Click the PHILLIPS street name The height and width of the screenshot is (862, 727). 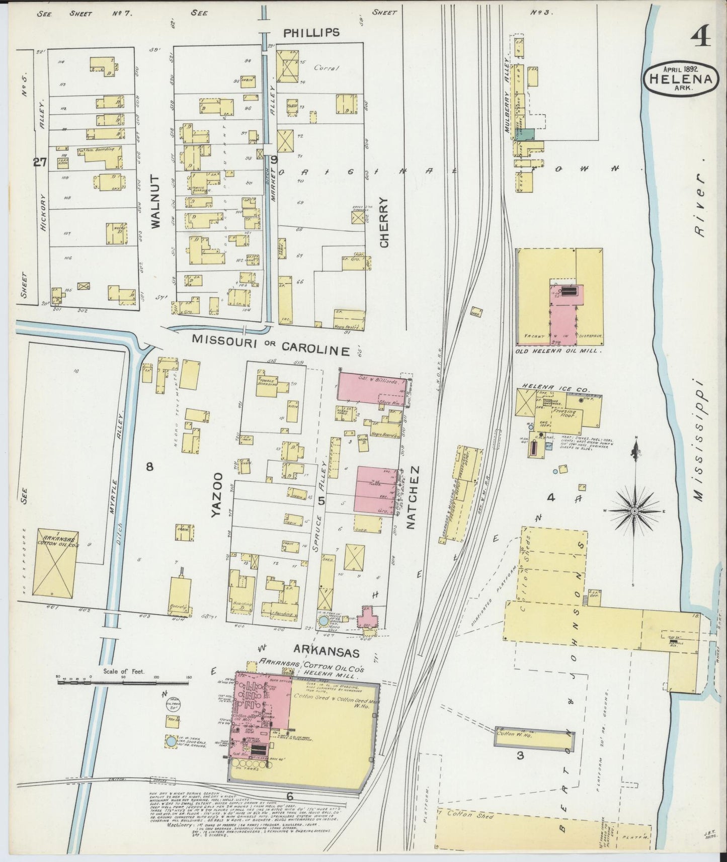(311, 32)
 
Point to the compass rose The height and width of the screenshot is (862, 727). (634, 510)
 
